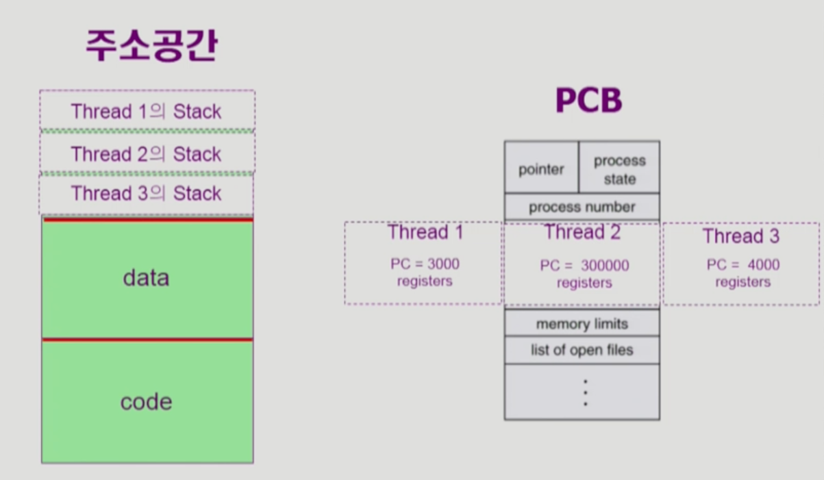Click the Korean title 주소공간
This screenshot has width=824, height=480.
click(151, 46)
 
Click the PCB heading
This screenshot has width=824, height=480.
click(588, 100)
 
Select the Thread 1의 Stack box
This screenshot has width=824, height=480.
click(147, 110)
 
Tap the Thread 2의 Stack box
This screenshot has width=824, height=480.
click(147, 153)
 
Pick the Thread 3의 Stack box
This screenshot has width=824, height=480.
click(147, 194)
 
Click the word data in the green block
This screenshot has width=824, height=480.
click(146, 278)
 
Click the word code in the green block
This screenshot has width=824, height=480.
click(146, 402)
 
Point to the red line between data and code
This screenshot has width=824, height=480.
click(147, 340)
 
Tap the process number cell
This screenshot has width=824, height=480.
click(582, 207)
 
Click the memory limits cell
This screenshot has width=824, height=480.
click(582, 323)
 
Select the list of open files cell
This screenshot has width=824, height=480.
click(582, 350)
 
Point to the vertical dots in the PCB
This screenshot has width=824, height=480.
click(585, 392)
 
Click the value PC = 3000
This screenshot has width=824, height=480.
click(425, 264)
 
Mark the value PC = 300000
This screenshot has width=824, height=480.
click(584, 265)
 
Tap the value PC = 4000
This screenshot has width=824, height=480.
click(743, 264)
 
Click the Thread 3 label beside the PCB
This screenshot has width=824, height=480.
click(741, 236)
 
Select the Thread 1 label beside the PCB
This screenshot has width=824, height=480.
click(425, 232)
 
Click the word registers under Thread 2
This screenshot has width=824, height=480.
click(584, 283)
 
